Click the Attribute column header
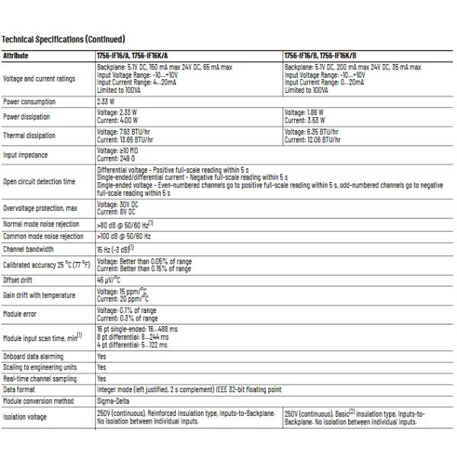click(x=17, y=56)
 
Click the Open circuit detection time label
click(x=40, y=181)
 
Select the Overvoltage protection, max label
click(x=41, y=209)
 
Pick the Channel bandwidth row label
click(x=29, y=248)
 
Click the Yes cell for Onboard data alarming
click(x=101, y=356)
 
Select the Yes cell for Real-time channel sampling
click(x=101, y=377)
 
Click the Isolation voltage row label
click(x=26, y=417)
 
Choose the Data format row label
click(x=21, y=388)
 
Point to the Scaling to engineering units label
click(x=39, y=366)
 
